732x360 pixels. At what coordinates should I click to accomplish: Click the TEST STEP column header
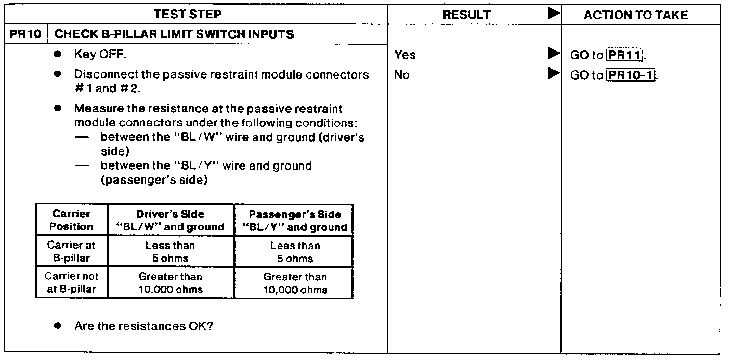click(187, 14)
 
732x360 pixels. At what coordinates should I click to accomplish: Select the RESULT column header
click(466, 15)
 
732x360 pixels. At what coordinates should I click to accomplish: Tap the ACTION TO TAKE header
click(636, 15)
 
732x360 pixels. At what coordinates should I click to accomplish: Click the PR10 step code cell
click(25, 35)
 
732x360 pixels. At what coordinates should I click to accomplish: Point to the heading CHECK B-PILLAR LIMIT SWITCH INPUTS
click(174, 35)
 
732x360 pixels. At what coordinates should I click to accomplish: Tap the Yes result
click(405, 55)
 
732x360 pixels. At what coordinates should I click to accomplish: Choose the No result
click(402, 75)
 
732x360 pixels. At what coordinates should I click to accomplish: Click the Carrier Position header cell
click(72, 221)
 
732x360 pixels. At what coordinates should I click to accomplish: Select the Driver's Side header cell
click(171, 221)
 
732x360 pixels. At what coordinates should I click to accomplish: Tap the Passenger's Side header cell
click(295, 221)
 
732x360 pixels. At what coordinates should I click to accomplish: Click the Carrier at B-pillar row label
click(72, 252)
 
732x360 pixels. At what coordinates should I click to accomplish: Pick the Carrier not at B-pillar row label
click(72, 283)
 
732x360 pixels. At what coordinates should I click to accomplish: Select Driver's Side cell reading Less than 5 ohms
click(171, 252)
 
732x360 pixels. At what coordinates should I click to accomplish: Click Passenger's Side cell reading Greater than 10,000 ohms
click(295, 283)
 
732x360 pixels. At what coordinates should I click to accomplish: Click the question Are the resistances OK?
click(143, 327)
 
